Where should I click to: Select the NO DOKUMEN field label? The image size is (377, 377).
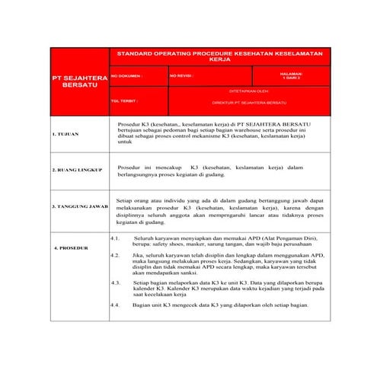click(x=126, y=76)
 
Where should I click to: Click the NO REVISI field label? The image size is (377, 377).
click(x=181, y=76)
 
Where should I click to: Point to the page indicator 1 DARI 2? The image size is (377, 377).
click(x=292, y=76)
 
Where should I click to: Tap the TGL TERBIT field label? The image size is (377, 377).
click(x=124, y=101)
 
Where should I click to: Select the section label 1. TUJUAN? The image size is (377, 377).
click(x=65, y=134)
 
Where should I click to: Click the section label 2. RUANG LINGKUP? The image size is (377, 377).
click(x=76, y=170)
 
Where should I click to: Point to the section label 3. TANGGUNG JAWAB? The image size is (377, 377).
click(x=79, y=206)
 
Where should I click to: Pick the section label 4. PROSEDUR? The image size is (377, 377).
click(x=71, y=248)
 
